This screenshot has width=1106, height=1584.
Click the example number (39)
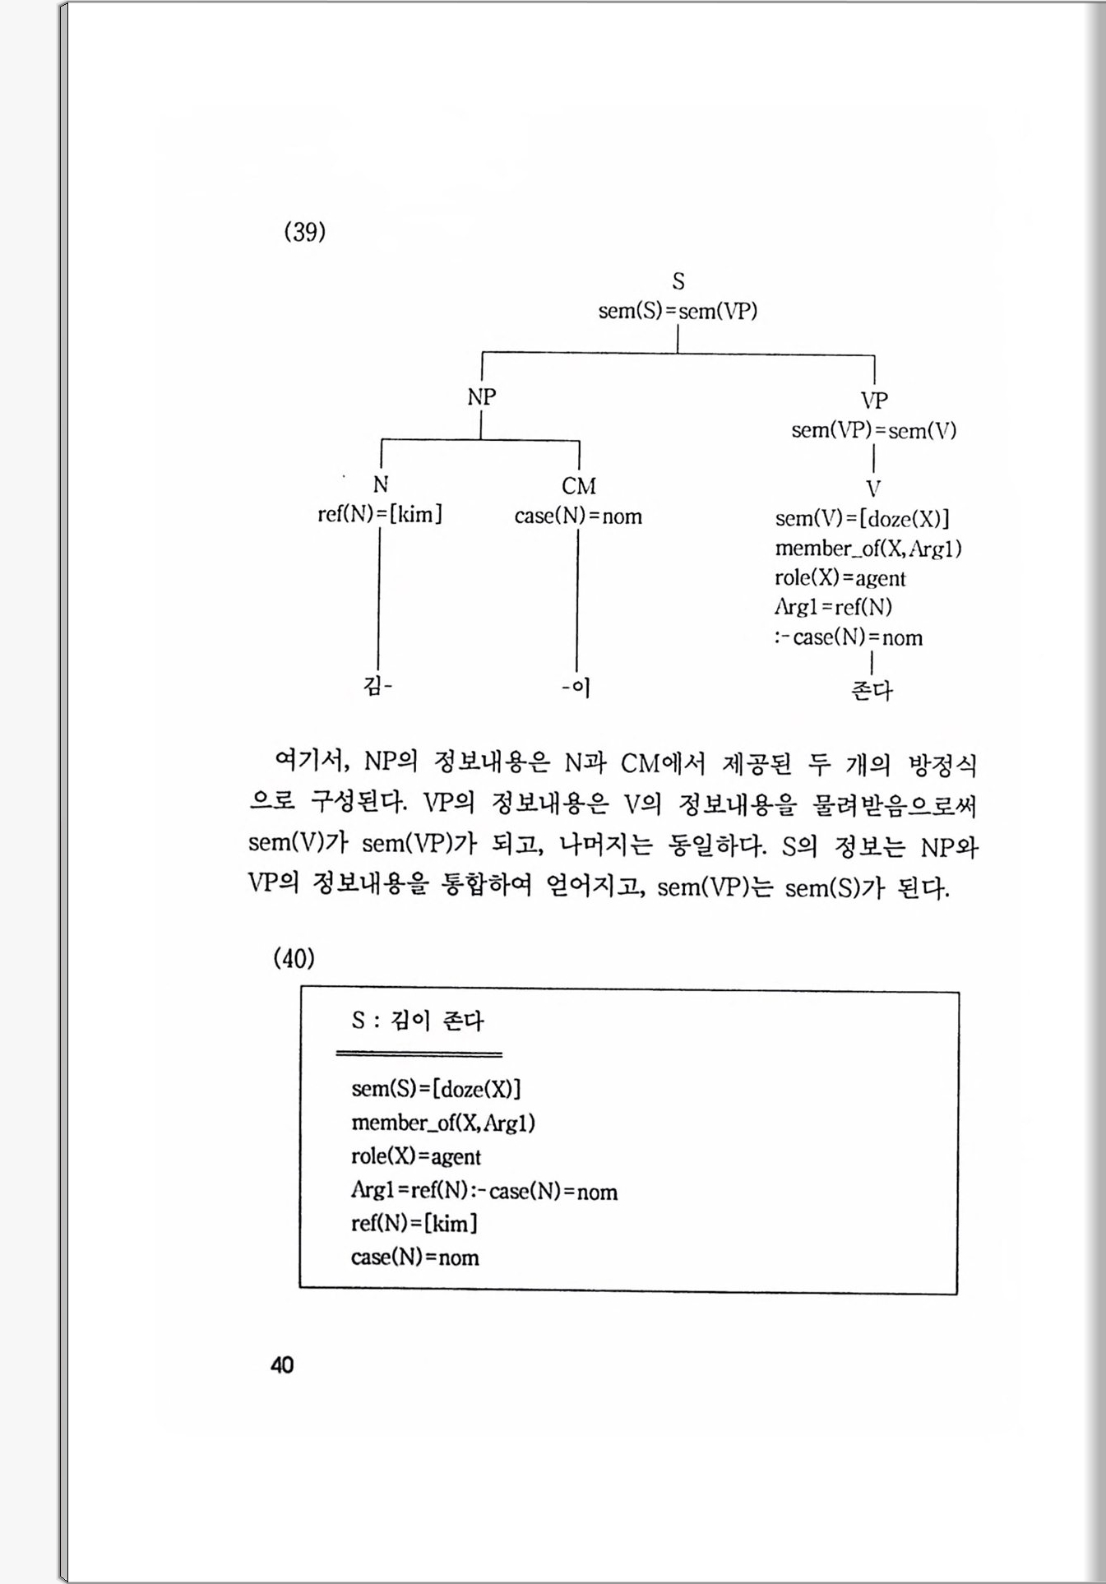(305, 232)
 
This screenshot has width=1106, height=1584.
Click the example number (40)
(294, 958)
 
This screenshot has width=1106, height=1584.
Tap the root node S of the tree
(678, 281)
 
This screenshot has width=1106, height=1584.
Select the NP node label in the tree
(482, 397)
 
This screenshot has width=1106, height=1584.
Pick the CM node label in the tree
(579, 486)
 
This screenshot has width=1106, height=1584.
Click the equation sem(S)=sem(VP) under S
(678, 311)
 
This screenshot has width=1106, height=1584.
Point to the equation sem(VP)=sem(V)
(873, 430)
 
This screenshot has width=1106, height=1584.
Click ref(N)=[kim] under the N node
(380, 515)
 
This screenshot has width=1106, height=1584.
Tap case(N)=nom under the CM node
(578, 516)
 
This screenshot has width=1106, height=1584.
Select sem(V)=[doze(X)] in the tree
(862, 519)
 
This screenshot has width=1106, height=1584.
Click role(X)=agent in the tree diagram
(840, 578)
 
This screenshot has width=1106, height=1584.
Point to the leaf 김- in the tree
(377, 686)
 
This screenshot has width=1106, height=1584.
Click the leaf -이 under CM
(576, 687)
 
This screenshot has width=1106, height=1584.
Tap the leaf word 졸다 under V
(872, 689)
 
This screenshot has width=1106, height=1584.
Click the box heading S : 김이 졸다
(418, 1021)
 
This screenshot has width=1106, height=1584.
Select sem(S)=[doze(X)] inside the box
(436, 1089)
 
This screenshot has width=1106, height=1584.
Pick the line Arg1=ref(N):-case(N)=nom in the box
(484, 1191)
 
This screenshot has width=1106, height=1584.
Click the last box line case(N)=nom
(414, 1257)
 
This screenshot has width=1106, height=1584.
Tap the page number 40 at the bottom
(282, 1365)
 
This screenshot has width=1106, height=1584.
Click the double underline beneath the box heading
(419, 1054)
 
